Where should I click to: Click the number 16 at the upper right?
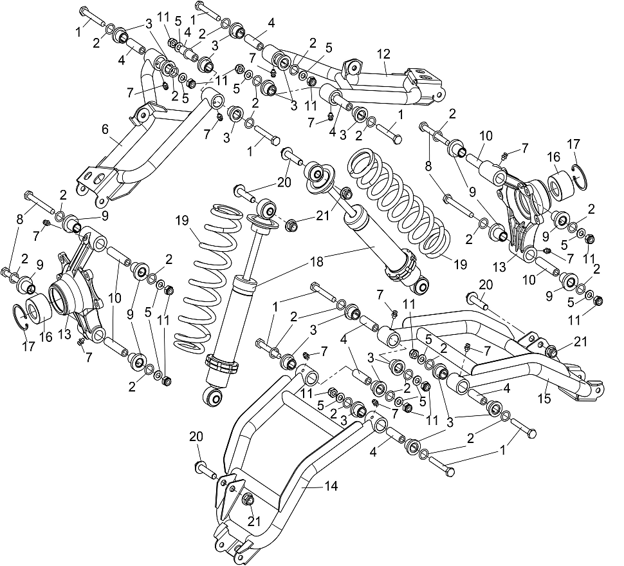coord(553,156)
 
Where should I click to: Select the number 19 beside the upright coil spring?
coord(181,220)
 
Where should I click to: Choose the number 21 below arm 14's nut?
coord(254,522)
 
